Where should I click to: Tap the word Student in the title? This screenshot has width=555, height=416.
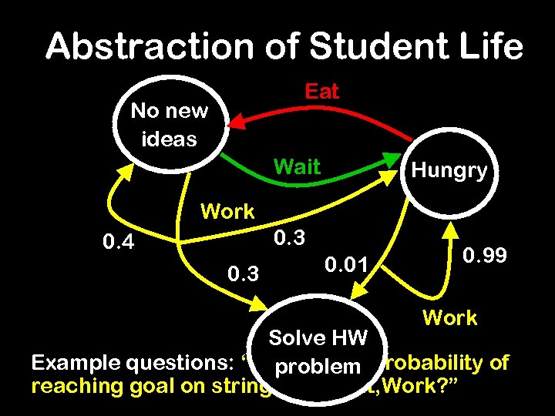[x=362, y=47]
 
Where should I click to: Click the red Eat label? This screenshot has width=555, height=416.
[x=321, y=92]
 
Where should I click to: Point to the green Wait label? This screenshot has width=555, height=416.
[x=297, y=166]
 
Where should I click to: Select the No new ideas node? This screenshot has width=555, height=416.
[x=170, y=124]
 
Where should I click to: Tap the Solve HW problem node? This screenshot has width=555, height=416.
[x=316, y=351]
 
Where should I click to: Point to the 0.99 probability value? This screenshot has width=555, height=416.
[x=485, y=255]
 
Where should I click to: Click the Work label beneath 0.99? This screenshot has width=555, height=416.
[x=449, y=317]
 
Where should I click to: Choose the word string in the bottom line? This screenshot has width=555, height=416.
[x=244, y=385]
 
